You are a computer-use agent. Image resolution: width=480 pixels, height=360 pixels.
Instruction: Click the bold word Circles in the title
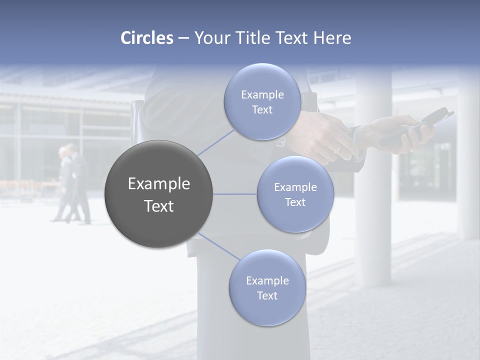pyautogui.click(x=146, y=38)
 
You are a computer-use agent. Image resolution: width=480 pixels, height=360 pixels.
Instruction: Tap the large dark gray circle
pyautogui.click(x=158, y=194)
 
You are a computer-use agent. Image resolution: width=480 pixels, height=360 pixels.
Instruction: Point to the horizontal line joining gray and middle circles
pyautogui.click(x=234, y=194)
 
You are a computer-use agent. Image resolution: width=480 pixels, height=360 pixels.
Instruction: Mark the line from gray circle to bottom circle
pyautogui.click(x=219, y=246)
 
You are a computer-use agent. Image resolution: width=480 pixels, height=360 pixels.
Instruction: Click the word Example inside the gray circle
pyautogui.click(x=158, y=184)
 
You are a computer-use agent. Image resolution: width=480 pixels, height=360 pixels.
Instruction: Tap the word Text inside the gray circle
pyautogui.click(x=158, y=206)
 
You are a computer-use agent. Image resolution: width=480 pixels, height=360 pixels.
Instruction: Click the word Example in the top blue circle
pyautogui.click(x=262, y=95)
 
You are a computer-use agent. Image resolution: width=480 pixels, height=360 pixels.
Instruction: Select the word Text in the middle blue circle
pyautogui.click(x=295, y=202)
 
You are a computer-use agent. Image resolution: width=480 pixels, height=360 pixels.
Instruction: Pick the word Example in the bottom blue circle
pyautogui.click(x=267, y=281)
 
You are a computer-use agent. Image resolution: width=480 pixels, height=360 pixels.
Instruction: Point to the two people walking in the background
pyautogui.click(x=72, y=184)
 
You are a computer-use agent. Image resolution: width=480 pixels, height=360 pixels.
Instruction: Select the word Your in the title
pyautogui.click(x=209, y=38)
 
